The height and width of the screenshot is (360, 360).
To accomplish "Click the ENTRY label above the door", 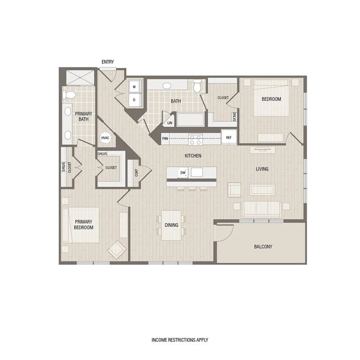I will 107,61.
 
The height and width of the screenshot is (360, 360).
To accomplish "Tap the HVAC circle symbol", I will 105,138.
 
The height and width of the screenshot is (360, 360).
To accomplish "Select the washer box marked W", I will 134,87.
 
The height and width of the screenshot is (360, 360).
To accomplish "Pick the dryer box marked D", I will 134,100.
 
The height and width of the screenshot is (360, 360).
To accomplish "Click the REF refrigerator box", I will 228,138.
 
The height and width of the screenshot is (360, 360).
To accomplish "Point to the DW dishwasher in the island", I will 183,173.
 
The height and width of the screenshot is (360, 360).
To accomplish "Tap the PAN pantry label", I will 165,138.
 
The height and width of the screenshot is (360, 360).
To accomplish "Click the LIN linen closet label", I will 169,123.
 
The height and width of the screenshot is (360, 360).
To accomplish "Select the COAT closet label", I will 133,173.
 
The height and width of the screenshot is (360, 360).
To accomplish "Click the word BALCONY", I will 263,246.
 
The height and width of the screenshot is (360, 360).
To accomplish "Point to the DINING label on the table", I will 172,225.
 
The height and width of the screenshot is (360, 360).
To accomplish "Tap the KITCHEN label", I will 193,156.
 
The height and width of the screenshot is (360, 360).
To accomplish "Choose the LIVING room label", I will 263,168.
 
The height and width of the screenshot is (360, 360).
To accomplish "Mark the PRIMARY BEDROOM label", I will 83,224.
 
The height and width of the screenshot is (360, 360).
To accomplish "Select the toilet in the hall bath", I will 197,86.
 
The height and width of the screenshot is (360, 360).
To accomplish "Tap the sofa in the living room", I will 262,209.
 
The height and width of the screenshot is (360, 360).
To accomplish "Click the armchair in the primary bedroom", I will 117,250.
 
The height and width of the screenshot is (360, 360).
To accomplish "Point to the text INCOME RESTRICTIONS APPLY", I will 180,340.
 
